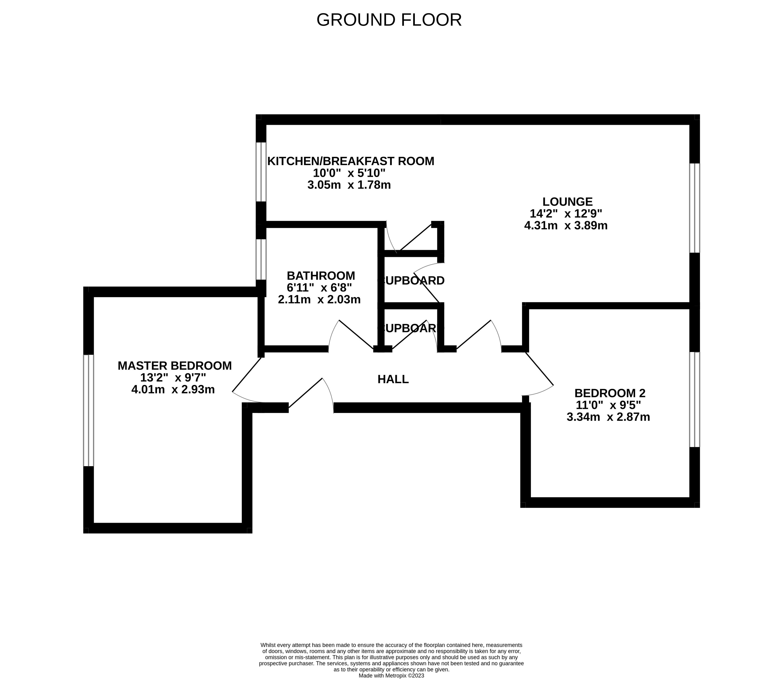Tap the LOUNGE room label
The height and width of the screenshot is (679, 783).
tap(567, 202)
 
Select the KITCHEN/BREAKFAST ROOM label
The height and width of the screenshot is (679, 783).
tap(351, 161)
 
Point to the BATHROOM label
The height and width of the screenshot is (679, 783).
tap(321, 275)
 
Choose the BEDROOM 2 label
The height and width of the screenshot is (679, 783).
tap(610, 393)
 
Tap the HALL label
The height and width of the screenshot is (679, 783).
tap(393, 379)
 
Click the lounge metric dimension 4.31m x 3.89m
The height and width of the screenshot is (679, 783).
tap(566, 226)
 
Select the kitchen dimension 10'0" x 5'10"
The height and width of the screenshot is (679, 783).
tap(349, 173)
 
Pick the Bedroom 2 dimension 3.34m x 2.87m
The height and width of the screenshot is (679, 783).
tap(608, 417)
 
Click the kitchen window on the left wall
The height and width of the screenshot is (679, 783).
tap(261, 172)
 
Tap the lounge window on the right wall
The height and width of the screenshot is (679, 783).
tap(694, 208)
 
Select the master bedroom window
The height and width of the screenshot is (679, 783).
tap(88, 410)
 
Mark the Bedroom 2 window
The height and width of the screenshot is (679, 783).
tap(694, 399)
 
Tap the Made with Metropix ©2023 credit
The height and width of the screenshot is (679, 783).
tap(391, 675)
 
